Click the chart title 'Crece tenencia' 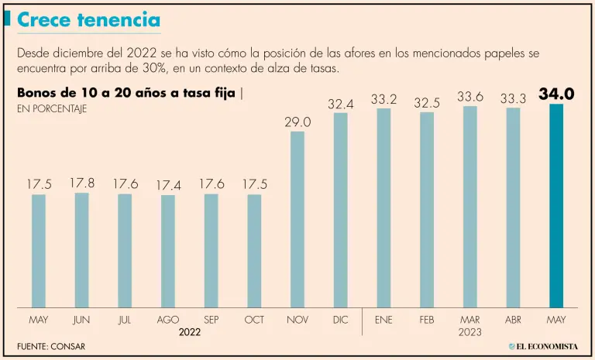[x=88, y=21]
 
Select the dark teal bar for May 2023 [x=556, y=205]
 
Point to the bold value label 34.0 [x=556, y=94]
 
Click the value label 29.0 [x=297, y=122]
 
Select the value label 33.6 [x=470, y=97]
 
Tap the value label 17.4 [x=168, y=186]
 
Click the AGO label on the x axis [x=168, y=319]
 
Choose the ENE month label [x=383, y=319]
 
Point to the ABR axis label [x=513, y=319]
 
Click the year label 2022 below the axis [x=190, y=332]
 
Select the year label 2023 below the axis [x=469, y=332]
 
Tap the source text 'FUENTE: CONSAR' [x=50, y=345]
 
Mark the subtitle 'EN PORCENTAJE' [x=51, y=109]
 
